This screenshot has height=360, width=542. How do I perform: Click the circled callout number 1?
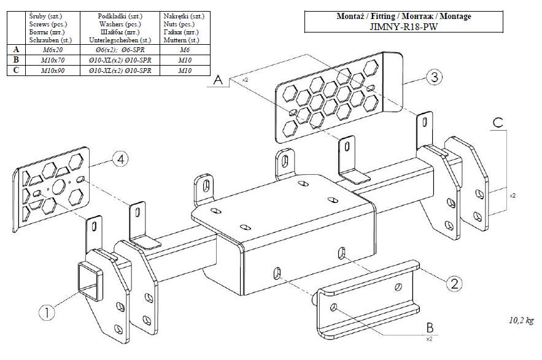pos(47,312)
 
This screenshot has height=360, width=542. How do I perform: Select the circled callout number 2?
pos(454,283)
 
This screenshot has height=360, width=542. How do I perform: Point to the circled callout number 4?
pos(121,160)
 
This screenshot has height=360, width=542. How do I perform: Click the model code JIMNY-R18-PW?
pos(403,26)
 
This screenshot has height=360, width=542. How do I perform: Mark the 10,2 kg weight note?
pos(521,320)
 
